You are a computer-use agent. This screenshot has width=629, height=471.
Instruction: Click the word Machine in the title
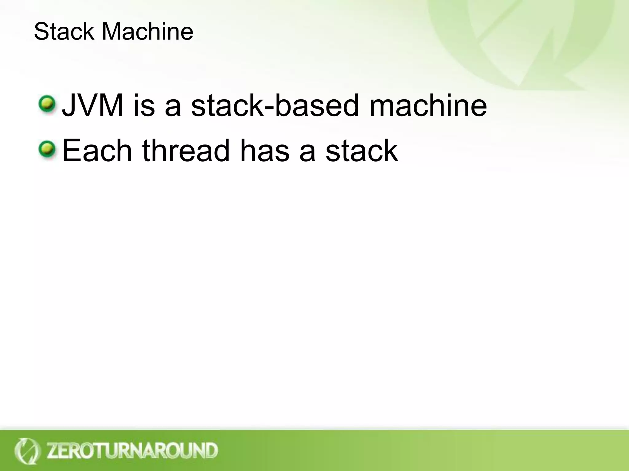(147, 31)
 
